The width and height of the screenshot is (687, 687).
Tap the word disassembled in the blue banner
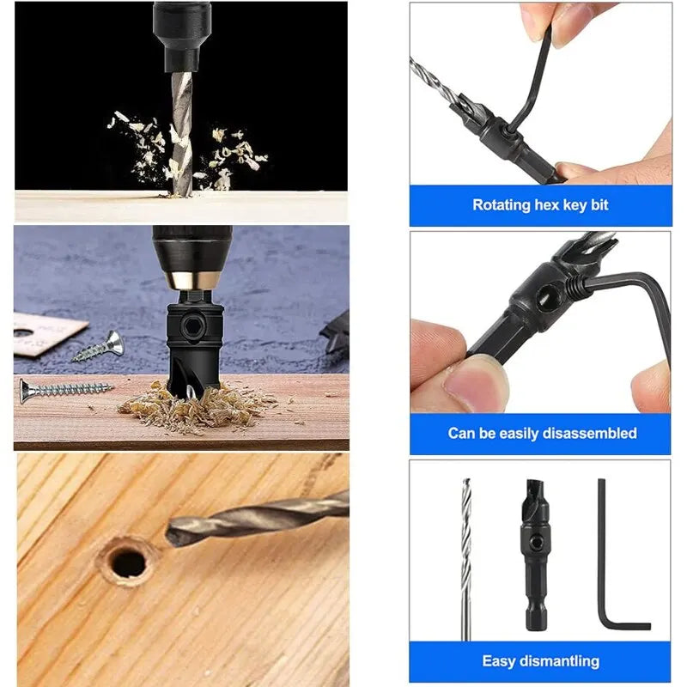tap(591, 434)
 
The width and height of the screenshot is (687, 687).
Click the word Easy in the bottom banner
tap(499, 661)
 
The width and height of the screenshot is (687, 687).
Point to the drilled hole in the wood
tap(129, 562)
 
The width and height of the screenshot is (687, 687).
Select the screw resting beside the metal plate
tap(99, 346)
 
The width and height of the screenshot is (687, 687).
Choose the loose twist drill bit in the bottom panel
tap(466, 558)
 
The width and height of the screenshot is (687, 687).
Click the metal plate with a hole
tap(43, 334)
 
